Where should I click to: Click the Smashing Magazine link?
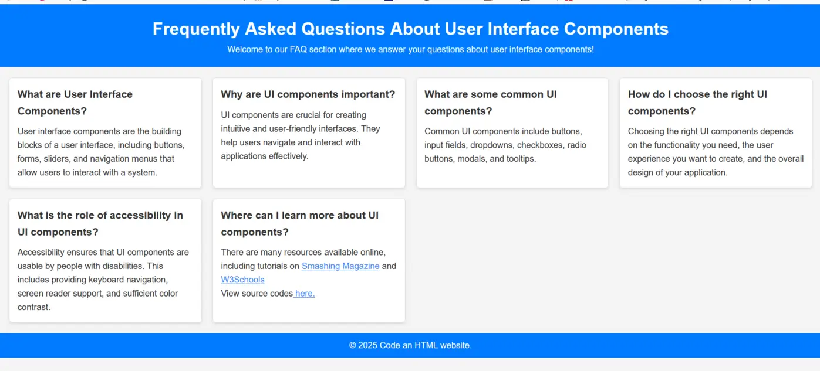[340, 266]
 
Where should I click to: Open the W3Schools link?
[242, 280]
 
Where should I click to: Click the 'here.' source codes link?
[304, 294]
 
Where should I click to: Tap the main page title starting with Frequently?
[410, 29]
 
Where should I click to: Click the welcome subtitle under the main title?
[410, 49]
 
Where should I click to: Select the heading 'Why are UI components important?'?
[308, 94]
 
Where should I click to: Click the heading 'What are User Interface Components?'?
[75, 103]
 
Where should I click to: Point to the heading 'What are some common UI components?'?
[491, 103]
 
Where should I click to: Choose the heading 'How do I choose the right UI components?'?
[697, 103]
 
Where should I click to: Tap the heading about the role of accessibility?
[100, 224]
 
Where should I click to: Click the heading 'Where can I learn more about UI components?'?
[299, 224]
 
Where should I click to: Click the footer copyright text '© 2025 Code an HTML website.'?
[410, 345]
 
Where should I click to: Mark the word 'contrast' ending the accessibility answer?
[33, 307]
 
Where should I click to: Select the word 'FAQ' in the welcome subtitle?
[298, 49]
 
